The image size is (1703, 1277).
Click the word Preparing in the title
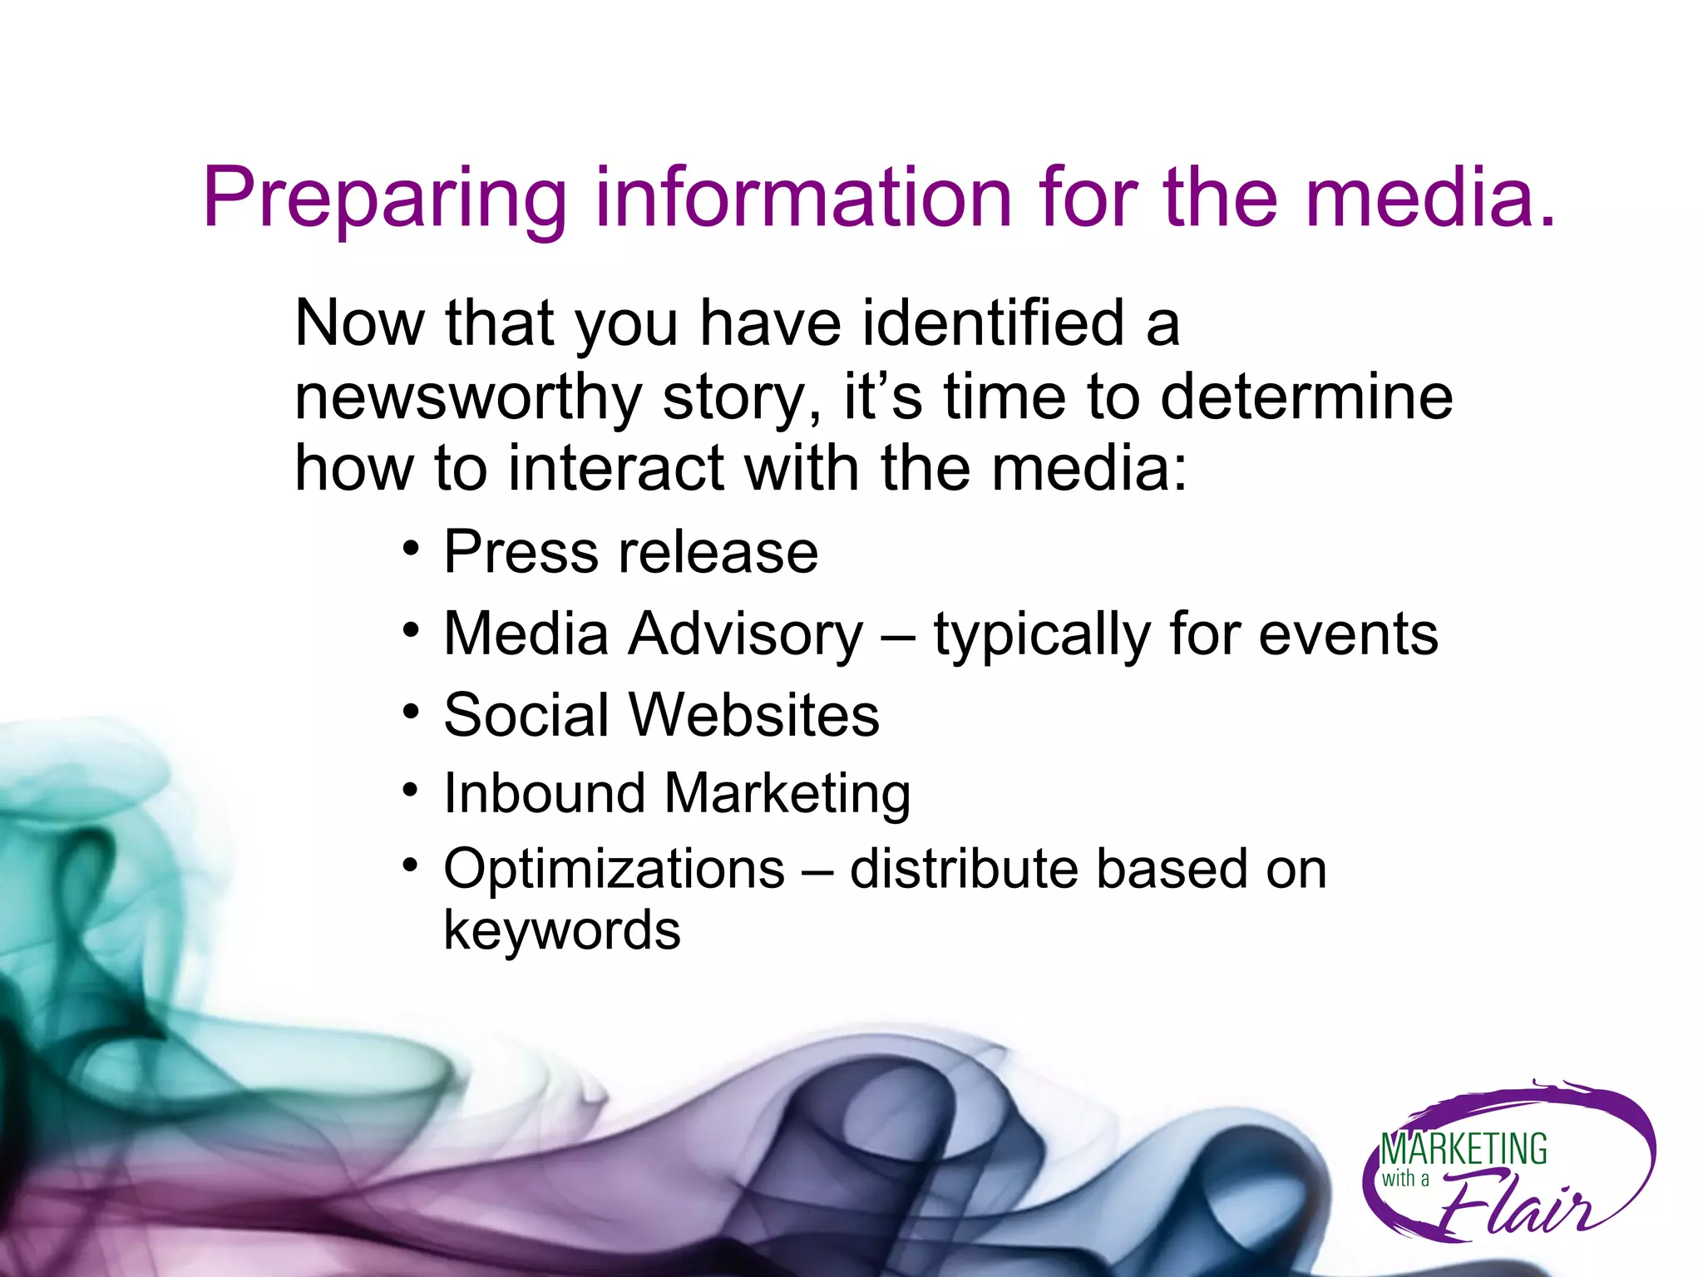(384, 200)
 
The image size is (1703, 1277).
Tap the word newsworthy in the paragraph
(468, 397)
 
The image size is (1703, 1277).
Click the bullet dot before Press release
(410, 548)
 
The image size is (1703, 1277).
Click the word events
(1348, 634)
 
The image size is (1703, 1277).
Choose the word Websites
(753, 715)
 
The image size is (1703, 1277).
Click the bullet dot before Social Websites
(410, 712)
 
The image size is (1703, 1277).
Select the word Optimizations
(614, 870)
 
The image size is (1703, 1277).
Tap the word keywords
(562, 930)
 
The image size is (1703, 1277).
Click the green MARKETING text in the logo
(1464, 1150)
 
